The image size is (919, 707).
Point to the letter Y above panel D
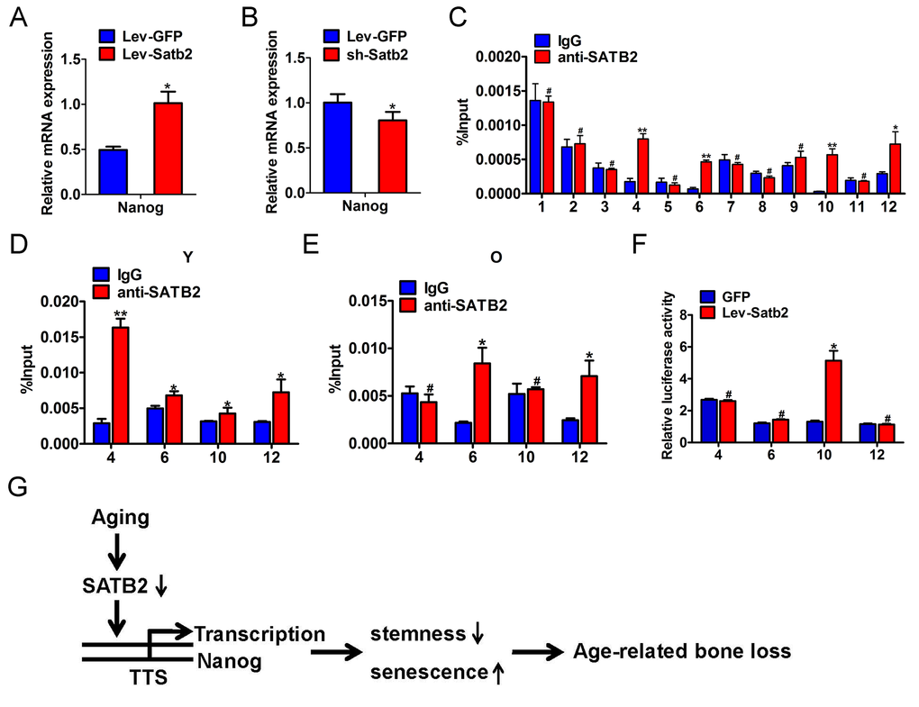tap(187, 257)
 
